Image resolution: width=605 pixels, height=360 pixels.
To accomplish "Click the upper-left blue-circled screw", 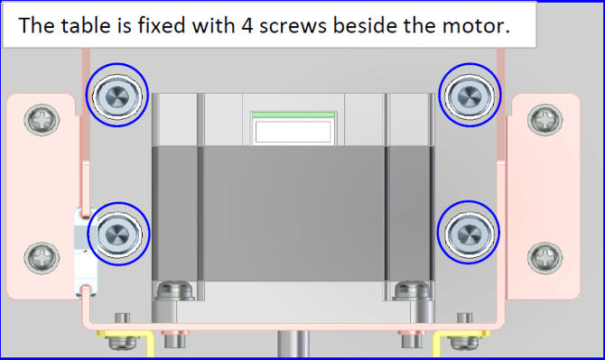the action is point(116,96).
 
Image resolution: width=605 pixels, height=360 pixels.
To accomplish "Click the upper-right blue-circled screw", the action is point(470,95).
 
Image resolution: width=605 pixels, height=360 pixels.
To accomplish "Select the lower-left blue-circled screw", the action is point(118,234).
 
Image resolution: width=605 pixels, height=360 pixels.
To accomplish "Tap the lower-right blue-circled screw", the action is point(469,233).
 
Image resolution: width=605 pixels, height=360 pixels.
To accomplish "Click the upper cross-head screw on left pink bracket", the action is point(42,120).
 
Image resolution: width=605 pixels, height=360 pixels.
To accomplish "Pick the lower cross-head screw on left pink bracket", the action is point(42,258).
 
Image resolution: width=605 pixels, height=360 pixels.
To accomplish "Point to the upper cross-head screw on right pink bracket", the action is point(544,120).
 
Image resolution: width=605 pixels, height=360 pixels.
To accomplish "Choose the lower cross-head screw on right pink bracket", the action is point(544,258).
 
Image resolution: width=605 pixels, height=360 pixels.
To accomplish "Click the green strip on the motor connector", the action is point(293,115).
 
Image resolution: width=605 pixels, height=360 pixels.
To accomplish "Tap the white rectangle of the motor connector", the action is point(293,132).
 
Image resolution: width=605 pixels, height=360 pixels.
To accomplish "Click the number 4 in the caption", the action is point(247,26).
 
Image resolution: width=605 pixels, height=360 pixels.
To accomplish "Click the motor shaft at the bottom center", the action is point(293,344).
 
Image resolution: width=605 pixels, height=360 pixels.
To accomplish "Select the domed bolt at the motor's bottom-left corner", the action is point(174,291).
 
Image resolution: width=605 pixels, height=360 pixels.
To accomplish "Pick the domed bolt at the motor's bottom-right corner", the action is point(413,291).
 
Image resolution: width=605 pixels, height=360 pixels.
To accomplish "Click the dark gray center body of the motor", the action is point(293,213).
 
